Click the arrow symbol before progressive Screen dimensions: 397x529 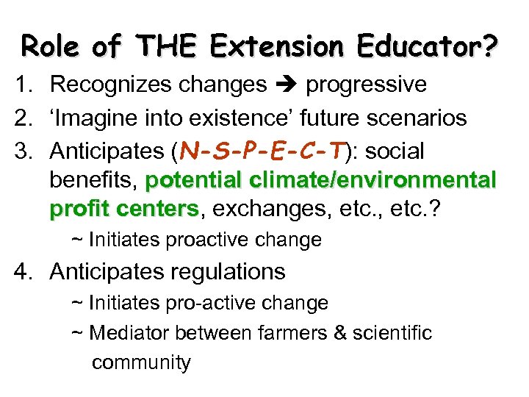pos(286,85)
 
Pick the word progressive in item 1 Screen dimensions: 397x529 pos(365,85)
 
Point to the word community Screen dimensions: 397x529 pos(141,362)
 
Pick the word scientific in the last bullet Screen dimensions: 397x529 pos(393,333)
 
